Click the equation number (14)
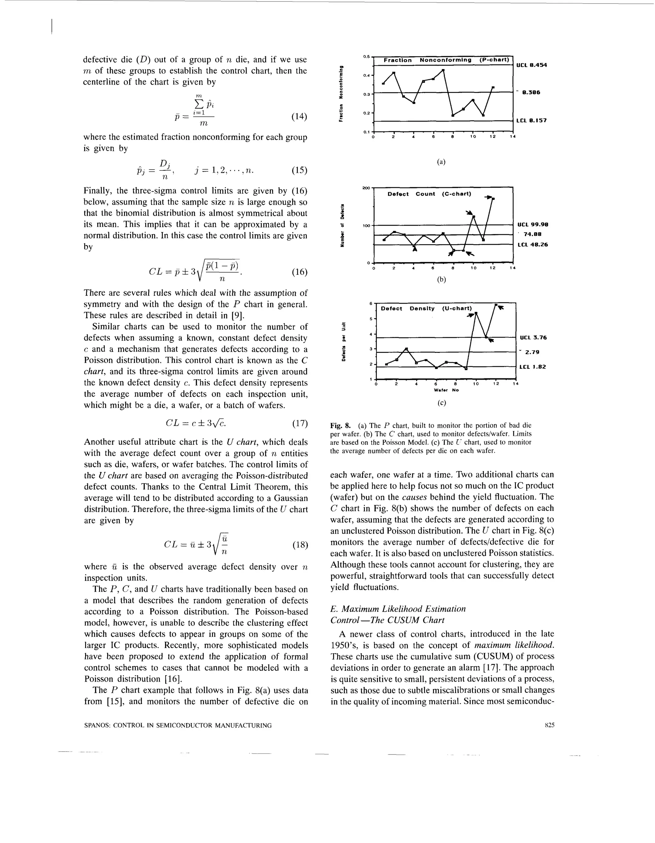(299, 117)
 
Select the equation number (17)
(300, 423)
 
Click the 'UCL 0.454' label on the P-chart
(532, 65)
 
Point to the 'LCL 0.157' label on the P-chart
(532, 120)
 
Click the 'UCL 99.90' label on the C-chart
(533, 224)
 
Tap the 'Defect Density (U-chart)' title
(426, 308)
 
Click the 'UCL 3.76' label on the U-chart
(533, 337)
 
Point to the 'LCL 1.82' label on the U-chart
(533, 367)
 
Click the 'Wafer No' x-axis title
(446, 390)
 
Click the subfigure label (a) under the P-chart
(441, 162)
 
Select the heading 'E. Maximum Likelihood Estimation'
(398, 609)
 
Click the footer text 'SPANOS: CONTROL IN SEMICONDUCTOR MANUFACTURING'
(178, 725)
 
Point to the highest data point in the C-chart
(493, 199)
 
